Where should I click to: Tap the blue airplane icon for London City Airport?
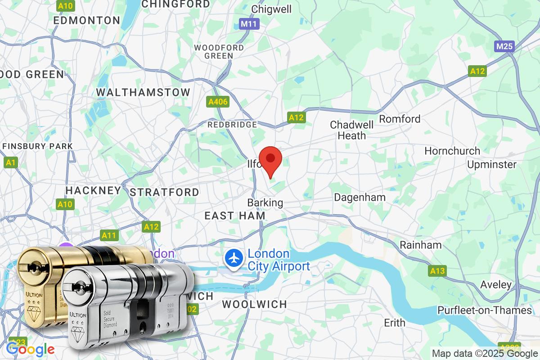click(234, 259)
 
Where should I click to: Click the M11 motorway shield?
click(249, 23)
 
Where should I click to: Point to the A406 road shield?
click(218, 102)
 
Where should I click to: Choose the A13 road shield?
click(437, 271)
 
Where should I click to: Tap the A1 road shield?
click(10, 162)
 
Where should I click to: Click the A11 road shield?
click(109, 235)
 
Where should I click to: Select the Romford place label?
click(400, 119)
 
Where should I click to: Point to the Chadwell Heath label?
click(351, 130)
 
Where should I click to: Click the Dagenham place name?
click(360, 197)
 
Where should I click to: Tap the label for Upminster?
click(491, 164)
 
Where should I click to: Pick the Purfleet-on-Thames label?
click(484, 310)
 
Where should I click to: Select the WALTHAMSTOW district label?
click(143, 92)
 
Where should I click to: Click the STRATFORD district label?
click(164, 192)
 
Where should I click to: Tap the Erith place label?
click(394, 323)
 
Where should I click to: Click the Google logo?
click(30, 349)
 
